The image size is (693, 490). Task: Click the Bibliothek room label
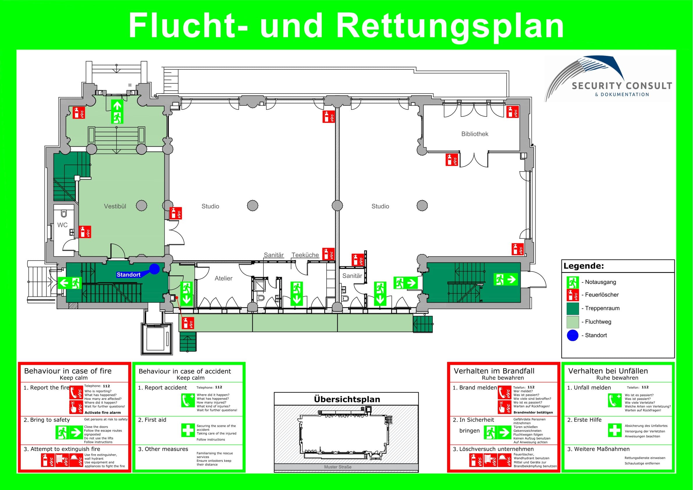click(x=475, y=134)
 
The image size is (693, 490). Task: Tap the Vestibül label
click(x=115, y=207)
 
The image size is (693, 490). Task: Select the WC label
click(x=63, y=225)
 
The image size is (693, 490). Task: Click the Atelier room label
click(x=223, y=278)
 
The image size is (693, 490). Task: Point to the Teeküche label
click(x=305, y=255)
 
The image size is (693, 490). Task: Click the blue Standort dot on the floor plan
click(x=154, y=269)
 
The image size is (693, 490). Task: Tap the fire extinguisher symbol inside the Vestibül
click(x=85, y=232)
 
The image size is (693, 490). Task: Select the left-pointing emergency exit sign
click(x=70, y=283)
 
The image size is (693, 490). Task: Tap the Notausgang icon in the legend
click(x=573, y=282)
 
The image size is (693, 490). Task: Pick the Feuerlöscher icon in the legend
click(x=573, y=295)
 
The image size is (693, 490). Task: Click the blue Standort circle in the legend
click(x=573, y=335)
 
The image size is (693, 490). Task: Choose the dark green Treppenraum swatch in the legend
click(x=573, y=308)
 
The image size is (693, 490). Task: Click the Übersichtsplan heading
click(x=347, y=400)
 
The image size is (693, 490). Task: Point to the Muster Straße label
click(x=338, y=467)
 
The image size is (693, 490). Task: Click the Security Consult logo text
click(x=622, y=86)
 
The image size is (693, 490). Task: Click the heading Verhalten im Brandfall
click(x=494, y=371)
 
